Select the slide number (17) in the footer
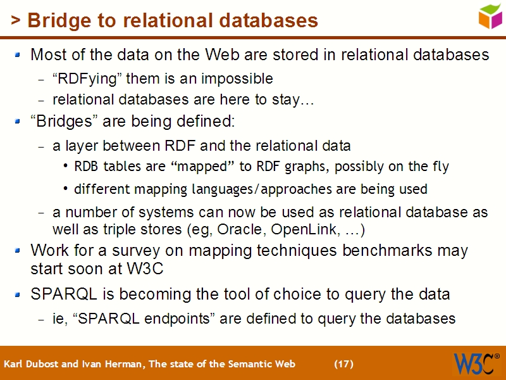[343, 364]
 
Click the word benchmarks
[379, 250]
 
